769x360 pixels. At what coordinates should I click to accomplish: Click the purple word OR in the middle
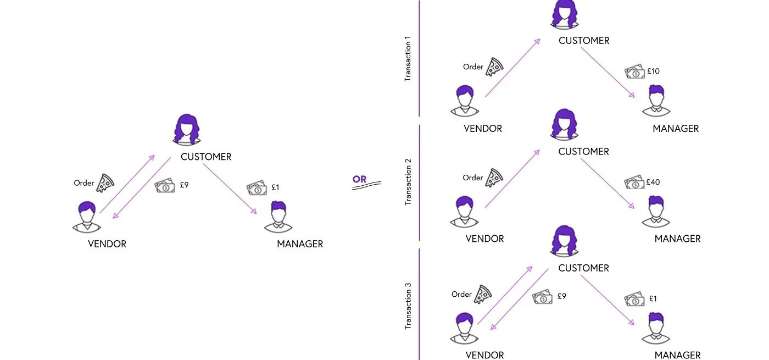click(x=359, y=179)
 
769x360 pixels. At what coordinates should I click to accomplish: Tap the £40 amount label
click(x=653, y=182)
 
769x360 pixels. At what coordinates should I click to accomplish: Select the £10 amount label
click(x=653, y=71)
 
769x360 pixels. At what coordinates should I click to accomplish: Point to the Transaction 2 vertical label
click(x=408, y=182)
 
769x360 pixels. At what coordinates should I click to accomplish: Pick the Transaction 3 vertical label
click(x=408, y=306)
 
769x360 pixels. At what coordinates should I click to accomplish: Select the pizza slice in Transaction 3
click(x=483, y=294)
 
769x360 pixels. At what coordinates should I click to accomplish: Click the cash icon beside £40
click(x=634, y=182)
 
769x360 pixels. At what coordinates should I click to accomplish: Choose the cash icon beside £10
click(x=634, y=71)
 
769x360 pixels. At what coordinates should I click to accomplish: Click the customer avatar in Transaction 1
click(x=565, y=15)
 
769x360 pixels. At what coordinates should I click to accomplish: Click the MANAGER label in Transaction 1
click(x=676, y=129)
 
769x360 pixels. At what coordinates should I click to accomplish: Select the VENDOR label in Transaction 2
click(x=484, y=239)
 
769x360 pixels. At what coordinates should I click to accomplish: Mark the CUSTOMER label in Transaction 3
click(x=583, y=268)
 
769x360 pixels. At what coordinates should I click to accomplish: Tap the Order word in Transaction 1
click(x=473, y=67)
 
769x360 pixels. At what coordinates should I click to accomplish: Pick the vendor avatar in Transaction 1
click(x=465, y=101)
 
